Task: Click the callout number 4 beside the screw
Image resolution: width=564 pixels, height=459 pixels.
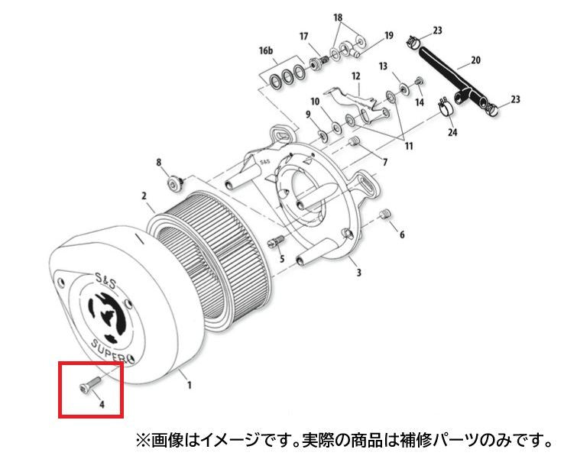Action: coord(102,404)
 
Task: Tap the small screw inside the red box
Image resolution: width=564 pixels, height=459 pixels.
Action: coord(89,383)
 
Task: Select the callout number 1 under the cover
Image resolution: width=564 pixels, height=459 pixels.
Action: coord(189,386)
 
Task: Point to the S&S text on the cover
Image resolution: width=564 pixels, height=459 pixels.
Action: coord(105,280)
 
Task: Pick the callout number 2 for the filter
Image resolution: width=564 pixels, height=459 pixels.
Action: coord(144,196)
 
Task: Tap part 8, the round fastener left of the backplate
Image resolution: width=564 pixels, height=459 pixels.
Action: coord(176,184)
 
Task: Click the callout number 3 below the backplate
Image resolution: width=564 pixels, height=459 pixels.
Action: coord(358,273)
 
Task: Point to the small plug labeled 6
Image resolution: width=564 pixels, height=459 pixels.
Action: coord(385,215)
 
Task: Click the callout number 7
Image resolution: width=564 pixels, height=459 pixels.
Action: coord(384,163)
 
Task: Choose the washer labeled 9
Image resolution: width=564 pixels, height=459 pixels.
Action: coord(323,135)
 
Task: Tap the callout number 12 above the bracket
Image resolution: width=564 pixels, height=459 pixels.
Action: coord(355,76)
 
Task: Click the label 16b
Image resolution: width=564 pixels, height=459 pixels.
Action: coord(266,50)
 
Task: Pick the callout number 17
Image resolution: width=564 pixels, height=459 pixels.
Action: coord(303,37)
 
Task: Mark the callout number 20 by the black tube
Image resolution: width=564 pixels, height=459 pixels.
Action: coord(475,60)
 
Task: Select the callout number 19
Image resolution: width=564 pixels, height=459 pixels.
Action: coord(389,35)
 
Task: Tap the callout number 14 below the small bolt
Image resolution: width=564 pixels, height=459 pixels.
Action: coord(420,102)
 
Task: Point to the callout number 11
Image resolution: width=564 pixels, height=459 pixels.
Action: coord(409,146)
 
